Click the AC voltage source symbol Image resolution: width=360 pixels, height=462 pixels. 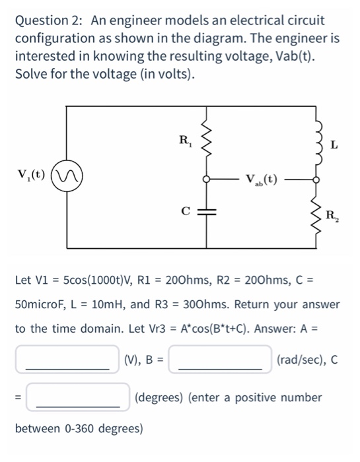tap(67, 177)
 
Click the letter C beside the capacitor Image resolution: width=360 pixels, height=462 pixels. tap(187, 211)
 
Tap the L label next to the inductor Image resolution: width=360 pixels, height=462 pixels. tap(335, 143)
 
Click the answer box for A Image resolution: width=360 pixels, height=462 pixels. tap(68, 360)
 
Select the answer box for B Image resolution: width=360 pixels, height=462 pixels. tap(220, 360)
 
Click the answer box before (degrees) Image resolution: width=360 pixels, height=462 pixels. tap(78, 398)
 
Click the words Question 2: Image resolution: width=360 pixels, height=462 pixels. tap(50, 20)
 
